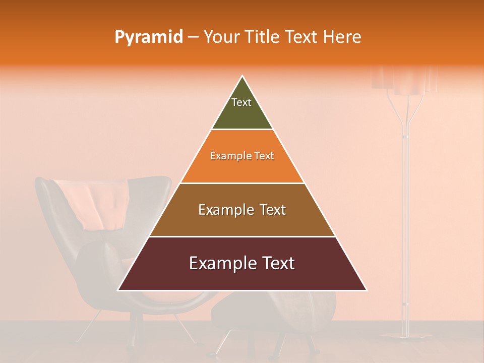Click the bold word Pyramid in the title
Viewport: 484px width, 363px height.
pos(149,37)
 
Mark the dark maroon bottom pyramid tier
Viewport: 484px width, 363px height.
pos(242,277)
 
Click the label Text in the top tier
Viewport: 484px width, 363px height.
pos(241,102)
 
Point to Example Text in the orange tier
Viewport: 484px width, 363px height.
pos(242,156)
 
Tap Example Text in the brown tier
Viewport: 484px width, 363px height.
pos(242,210)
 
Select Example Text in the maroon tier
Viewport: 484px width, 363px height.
pos(242,263)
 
